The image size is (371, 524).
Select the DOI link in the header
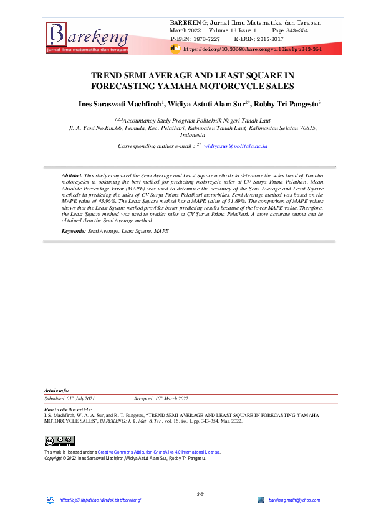click(252, 49)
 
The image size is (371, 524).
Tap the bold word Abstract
click(72, 177)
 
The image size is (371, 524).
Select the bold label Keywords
click(74, 231)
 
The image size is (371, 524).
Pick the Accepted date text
click(161, 398)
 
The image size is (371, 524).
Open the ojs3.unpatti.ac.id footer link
click(100, 500)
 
